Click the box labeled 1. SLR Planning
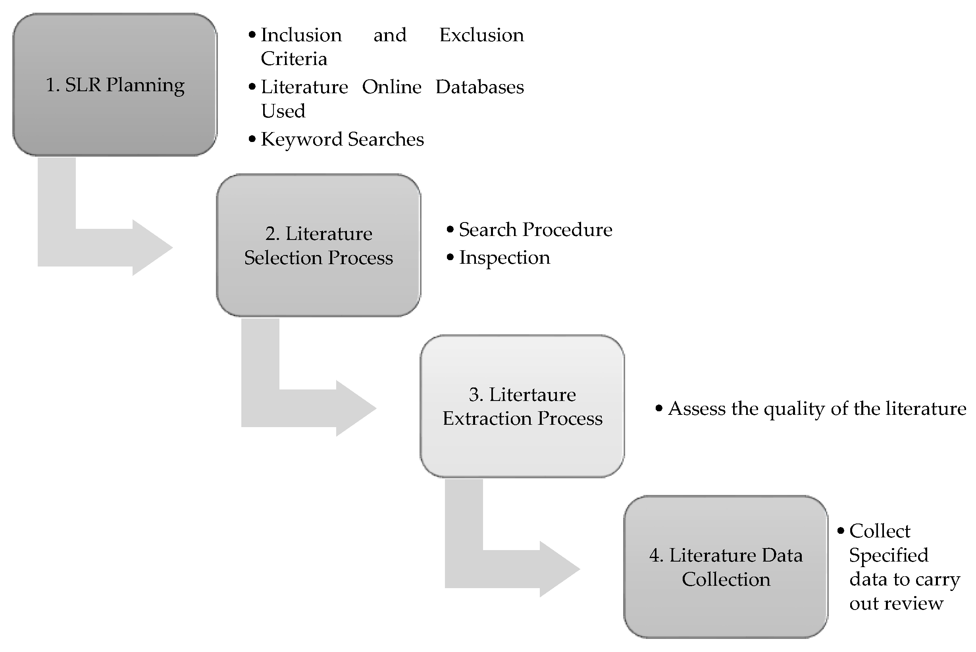[115, 85]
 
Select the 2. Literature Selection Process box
[318, 245]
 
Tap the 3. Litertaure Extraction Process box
[522, 406]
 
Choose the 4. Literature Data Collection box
[726, 567]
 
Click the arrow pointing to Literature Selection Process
[104, 247]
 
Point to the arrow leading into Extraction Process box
[308, 408]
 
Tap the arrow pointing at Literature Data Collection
[512, 569]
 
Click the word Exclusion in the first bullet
[481, 35]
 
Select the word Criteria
[294, 59]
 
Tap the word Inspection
[504, 258]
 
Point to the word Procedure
[567, 230]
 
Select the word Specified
[889, 556]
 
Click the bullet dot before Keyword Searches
[252, 139]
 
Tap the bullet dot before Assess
[659, 408]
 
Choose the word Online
[391, 87]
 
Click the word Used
[283, 111]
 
